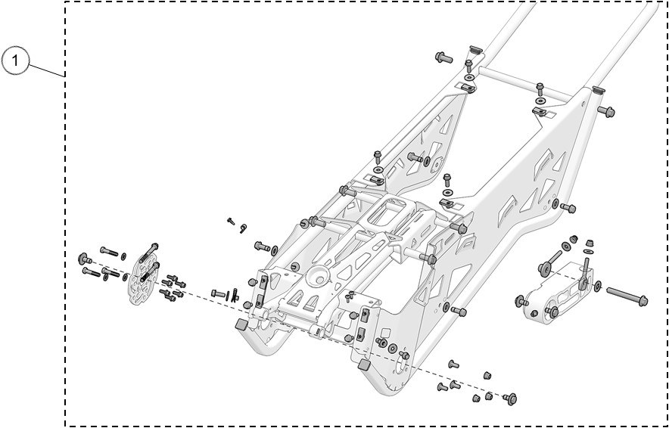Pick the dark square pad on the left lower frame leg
tap(241, 324)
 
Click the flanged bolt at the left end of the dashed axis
tap(83, 260)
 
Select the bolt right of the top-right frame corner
tap(606, 112)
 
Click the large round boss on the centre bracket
tap(317, 275)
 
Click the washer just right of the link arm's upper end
tap(599, 287)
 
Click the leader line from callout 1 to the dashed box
tap(47, 71)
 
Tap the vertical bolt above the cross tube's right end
tap(540, 89)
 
